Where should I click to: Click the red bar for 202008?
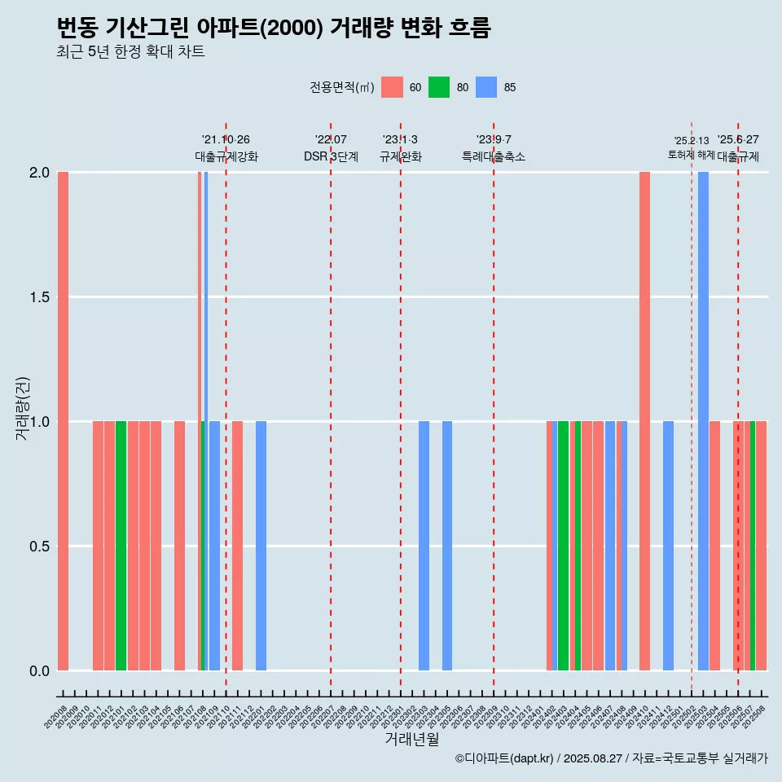point(63,421)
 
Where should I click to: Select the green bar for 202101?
point(121,546)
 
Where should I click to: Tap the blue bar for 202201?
point(261,546)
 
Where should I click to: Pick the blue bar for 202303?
point(424,546)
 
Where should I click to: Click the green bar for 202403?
point(563,546)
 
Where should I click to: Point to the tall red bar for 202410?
point(644,421)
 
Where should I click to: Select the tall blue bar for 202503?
point(703,421)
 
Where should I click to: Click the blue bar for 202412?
point(668,546)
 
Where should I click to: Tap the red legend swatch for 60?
point(392,87)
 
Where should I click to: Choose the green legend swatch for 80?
point(439,87)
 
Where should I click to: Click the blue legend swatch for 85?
point(486,87)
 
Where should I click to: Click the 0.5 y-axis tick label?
point(38,547)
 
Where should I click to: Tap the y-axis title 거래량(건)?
point(22,407)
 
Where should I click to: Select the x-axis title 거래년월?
point(411,740)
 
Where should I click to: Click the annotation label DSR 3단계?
point(331,156)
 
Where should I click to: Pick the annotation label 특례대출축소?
point(494,156)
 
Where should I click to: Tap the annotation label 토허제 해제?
point(691,155)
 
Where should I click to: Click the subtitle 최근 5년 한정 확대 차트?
point(130,52)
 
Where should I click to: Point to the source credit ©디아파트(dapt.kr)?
point(504,759)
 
